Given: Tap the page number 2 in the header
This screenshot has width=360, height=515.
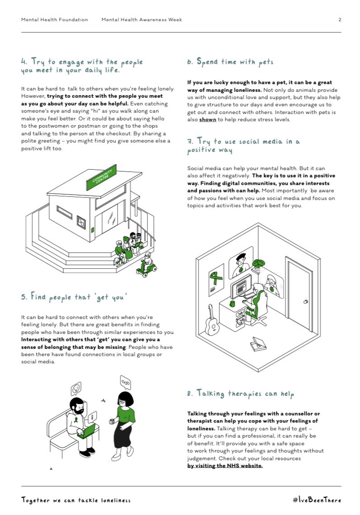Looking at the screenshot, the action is coord(340,20).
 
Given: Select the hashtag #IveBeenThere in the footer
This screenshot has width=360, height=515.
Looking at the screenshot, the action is coord(317,500).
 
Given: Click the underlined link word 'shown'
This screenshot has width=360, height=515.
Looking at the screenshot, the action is coord(208,119).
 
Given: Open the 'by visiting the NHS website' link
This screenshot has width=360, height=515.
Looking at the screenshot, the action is coord(225,466).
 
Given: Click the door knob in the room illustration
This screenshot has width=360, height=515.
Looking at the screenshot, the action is coord(306,301).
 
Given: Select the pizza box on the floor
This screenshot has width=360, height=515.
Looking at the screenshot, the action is coord(258,343).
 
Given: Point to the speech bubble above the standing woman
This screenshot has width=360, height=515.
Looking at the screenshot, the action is coord(125,382).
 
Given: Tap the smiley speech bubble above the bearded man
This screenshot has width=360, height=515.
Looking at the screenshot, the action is coord(76,389).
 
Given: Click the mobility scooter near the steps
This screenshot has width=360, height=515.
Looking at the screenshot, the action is coord(146,266).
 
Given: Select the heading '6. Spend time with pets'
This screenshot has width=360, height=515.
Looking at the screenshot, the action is coord(230,62).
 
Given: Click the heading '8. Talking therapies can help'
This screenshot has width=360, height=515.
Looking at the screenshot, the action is coord(241,393).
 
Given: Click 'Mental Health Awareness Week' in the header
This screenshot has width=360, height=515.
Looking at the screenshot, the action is coord(142,20).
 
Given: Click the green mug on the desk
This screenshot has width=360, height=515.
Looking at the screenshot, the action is coord(232,304).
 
